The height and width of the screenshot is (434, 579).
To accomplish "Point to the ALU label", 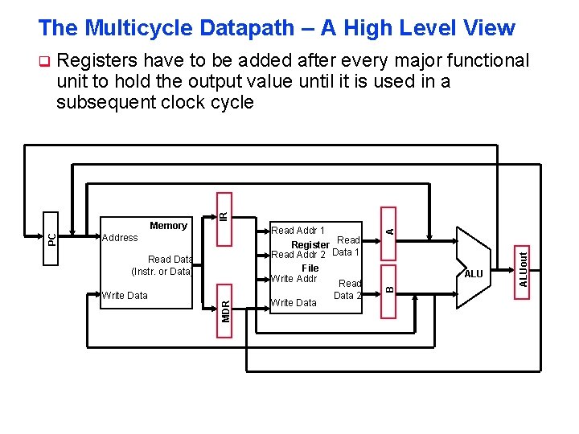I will click(x=474, y=274).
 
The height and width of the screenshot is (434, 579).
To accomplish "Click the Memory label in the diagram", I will click(x=168, y=226).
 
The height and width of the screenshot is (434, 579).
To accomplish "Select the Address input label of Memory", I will click(x=120, y=238).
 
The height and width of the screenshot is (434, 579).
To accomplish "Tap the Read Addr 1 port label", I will click(x=298, y=231).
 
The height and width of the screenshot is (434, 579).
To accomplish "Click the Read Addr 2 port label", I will click(x=298, y=255).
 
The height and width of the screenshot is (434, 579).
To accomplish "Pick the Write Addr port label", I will click(x=294, y=279).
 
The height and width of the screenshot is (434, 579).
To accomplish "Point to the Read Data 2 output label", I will click(x=348, y=289).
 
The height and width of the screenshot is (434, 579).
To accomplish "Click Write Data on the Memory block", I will click(x=125, y=296).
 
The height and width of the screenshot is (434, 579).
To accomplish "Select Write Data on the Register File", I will click(x=294, y=303).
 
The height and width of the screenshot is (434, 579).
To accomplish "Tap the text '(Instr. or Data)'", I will click(x=161, y=272).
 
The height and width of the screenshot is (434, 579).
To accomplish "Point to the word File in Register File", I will click(x=310, y=268).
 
